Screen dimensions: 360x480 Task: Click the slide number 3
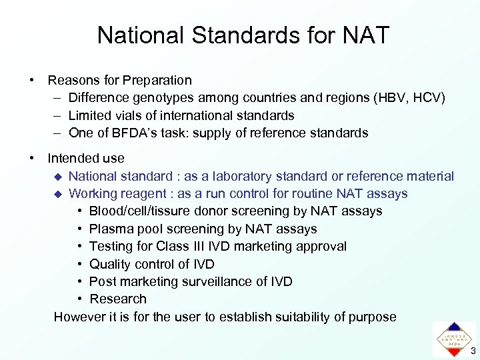pyautogui.click(x=473, y=351)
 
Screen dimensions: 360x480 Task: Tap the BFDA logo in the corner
pyautogui.click(x=455, y=339)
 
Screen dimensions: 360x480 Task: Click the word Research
pyautogui.click(x=118, y=299)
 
